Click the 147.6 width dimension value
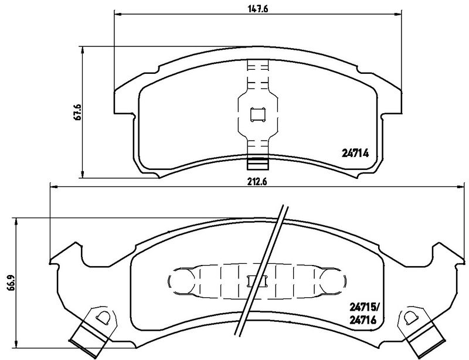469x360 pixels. click(x=257, y=9)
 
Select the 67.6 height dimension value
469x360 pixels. click(x=79, y=112)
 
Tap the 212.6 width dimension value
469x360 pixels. click(x=257, y=181)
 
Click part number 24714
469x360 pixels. click(x=355, y=154)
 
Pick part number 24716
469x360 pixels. click(x=363, y=321)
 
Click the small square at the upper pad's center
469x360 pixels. click(x=257, y=114)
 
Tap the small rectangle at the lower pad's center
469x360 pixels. click(x=257, y=281)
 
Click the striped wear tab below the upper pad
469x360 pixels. click(x=257, y=163)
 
